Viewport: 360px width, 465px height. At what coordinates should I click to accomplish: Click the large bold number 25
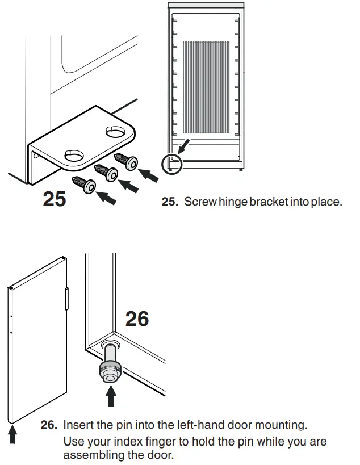tap(55, 199)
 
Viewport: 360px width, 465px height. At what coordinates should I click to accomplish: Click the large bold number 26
tap(137, 319)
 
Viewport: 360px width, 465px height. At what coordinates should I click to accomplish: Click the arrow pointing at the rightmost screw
tap(149, 174)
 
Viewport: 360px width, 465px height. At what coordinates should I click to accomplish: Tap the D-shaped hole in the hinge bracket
tap(74, 155)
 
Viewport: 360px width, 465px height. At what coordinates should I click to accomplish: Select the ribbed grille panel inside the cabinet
tap(205, 89)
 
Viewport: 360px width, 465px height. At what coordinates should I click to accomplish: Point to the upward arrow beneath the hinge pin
tap(111, 396)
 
